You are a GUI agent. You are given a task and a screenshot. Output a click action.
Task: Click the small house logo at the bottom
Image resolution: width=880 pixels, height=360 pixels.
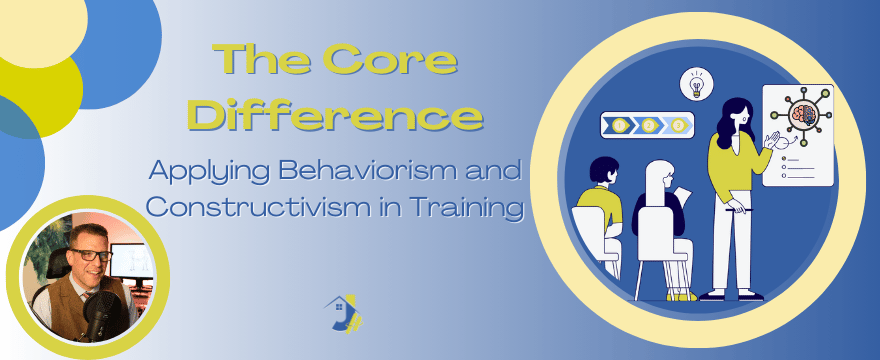[x=343, y=313]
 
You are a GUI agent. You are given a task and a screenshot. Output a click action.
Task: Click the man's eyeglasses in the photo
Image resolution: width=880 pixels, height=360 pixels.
[x=89, y=255]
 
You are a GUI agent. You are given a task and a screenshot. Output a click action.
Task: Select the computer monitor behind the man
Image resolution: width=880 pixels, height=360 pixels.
[x=133, y=261]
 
